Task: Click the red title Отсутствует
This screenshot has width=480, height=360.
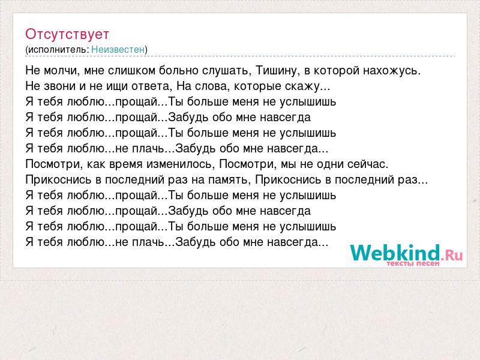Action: point(67,34)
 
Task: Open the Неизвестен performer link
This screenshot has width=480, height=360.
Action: point(118,50)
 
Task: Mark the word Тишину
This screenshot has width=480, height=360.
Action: point(277,71)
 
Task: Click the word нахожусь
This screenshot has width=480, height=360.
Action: point(392,71)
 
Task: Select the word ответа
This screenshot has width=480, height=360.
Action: point(151,86)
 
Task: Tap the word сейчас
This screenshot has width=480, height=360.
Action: point(367,164)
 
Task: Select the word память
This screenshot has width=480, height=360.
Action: point(227,180)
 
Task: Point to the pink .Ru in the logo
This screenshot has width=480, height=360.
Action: point(452,254)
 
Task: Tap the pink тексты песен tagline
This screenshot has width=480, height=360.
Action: point(413,263)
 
